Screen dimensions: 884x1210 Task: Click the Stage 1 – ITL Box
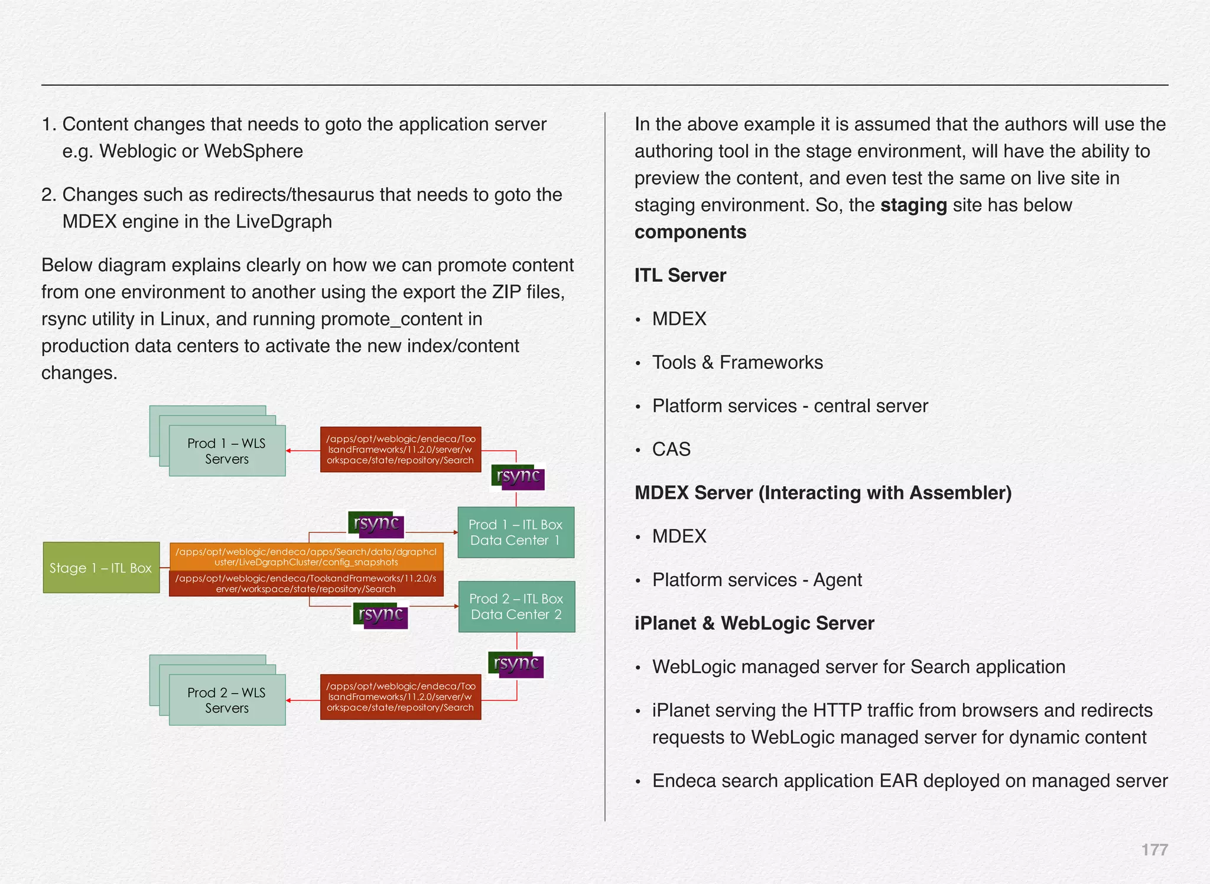coord(101,567)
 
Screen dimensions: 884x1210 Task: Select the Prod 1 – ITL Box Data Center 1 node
coord(515,532)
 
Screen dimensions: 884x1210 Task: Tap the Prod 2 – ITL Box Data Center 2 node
coord(516,606)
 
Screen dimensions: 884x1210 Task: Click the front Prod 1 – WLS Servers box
coord(227,451)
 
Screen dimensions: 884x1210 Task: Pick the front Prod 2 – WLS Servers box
coord(227,700)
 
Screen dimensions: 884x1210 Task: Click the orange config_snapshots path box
coord(306,557)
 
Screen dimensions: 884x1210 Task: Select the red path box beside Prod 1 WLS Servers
coord(401,450)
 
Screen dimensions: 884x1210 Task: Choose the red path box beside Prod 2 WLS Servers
coord(401,697)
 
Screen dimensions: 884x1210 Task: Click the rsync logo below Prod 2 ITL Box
coord(516,665)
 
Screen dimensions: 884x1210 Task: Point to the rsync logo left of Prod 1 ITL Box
coord(376,525)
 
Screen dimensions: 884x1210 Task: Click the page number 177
coord(1154,850)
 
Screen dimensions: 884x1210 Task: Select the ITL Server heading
coord(680,275)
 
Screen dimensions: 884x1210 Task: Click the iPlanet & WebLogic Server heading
coord(754,623)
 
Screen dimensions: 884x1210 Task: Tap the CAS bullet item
coord(671,449)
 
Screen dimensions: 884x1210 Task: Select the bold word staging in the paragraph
coord(913,205)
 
